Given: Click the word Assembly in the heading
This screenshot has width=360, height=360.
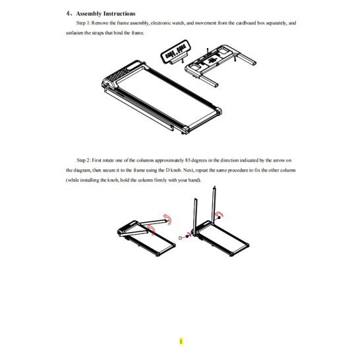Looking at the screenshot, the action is [88, 14].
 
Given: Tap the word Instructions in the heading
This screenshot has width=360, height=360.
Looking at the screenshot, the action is [119, 14].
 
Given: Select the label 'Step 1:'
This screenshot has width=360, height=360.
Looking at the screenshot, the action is [84, 23].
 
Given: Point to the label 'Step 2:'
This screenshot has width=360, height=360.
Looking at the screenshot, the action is [84, 160].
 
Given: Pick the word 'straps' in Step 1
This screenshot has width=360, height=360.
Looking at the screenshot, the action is [98, 33].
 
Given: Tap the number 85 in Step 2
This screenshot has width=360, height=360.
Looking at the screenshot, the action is [187, 160].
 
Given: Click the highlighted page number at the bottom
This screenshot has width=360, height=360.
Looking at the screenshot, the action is [181, 342].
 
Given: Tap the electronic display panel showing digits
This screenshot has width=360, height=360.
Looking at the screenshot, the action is [175, 51].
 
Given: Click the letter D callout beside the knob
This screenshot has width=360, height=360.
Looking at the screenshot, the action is [180, 238].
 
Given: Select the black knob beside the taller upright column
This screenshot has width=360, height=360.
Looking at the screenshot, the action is [220, 217].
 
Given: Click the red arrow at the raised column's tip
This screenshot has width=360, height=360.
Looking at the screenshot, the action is [167, 220].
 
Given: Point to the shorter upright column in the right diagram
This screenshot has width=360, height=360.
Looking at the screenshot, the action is [195, 217].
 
